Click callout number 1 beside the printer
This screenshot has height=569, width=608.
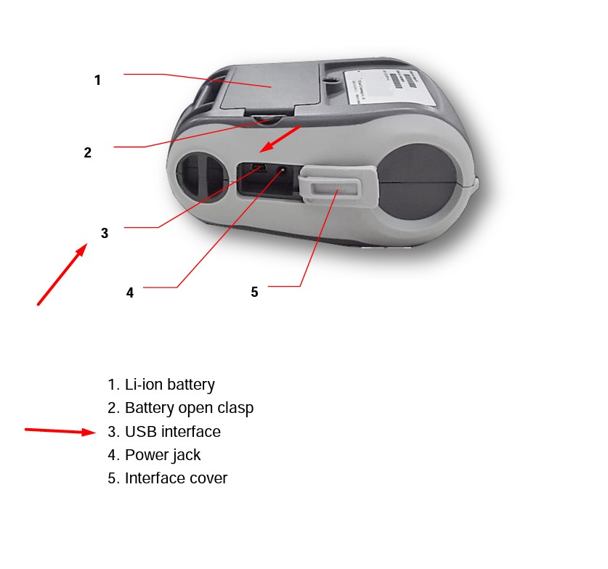(97, 81)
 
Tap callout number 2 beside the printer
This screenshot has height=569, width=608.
(87, 152)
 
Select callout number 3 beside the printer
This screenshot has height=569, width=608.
(105, 233)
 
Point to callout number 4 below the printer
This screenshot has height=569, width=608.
(129, 292)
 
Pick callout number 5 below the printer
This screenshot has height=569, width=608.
(254, 292)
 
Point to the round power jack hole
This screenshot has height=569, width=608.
(283, 172)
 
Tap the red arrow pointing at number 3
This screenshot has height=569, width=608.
(62, 274)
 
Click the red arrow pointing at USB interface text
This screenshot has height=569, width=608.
(60, 431)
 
